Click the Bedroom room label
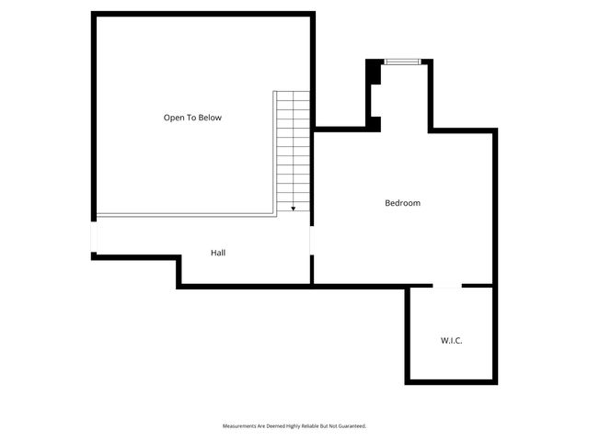pos(402,203)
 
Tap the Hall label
pos(218,253)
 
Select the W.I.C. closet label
pos(451,341)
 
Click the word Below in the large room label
pos(210,118)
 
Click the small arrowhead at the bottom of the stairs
pos(294,209)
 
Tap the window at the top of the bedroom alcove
pos(402,62)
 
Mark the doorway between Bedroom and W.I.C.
pos(447,286)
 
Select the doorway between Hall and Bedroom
pos(311,240)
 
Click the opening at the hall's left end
pos(93,238)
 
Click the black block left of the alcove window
pos(374,73)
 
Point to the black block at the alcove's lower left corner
pos(375,123)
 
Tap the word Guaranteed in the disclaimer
pos(351,426)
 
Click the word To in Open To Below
pos(191,118)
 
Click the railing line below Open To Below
pos(184,216)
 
